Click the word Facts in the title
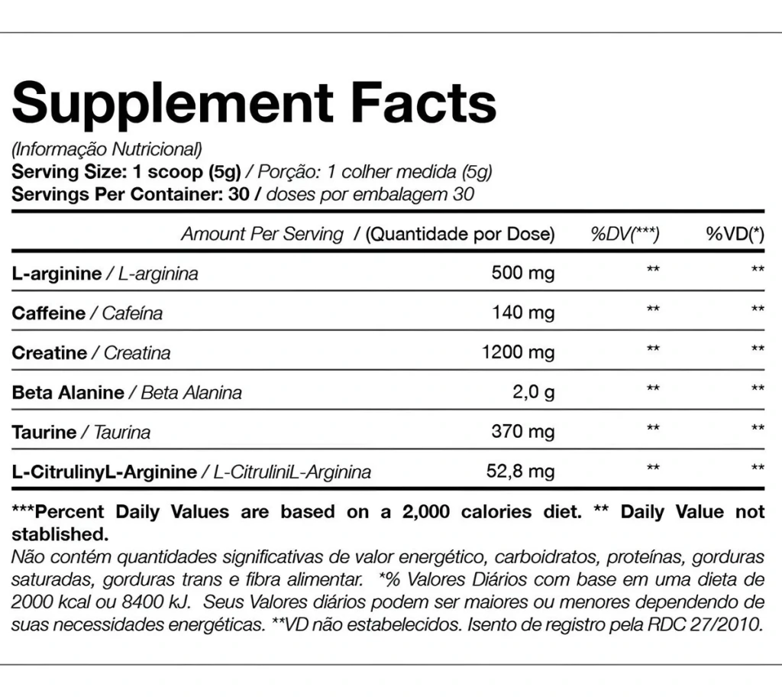point(424,102)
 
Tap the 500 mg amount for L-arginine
point(522,273)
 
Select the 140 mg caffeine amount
point(523,313)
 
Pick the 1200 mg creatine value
point(518,352)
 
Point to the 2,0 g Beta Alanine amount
point(533,392)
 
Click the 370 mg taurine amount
point(522,431)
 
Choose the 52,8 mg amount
point(520,471)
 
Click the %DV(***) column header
point(625,234)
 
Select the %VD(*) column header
point(735,234)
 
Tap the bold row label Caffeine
point(49,313)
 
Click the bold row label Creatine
point(50,353)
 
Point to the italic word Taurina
point(122,433)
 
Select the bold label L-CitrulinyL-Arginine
point(104,472)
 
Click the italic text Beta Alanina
point(192,392)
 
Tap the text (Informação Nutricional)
point(107,149)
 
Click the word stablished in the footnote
point(60,534)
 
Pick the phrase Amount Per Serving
point(263,234)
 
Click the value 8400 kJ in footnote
point(156,601)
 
